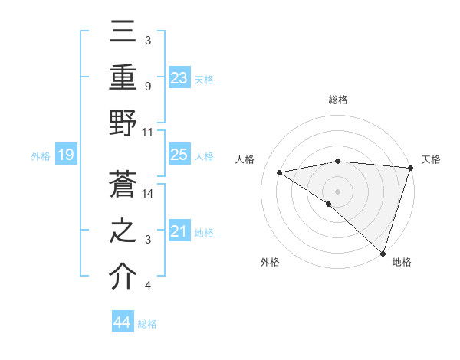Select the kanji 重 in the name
pos(123,77)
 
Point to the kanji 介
pos(123,276)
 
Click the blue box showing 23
pos(179,77)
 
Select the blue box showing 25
pos(179,155)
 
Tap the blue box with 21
pos(179,231)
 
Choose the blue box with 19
pos(65,155)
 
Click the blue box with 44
pos(122,322)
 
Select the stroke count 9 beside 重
pos(147,87)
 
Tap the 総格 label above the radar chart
pos(338,100)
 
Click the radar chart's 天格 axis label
pos(431,159)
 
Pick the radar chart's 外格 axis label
pos(270,263)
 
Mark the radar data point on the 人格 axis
pos(280,172)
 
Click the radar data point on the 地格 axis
pos(383,253)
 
